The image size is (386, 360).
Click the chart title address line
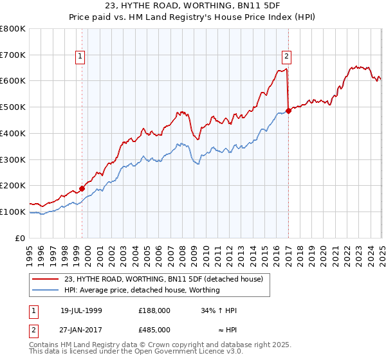[x=193, y=7]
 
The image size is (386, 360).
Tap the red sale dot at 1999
[x=82, y=188]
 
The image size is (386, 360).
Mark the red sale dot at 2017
[x=289, y=111]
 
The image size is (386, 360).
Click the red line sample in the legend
[x=46, y=280]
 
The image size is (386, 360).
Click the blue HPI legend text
[x=142, y=290]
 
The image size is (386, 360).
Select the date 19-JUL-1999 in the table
[x=81, y=310]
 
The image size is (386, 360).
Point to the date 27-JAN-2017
[x=81, y=329]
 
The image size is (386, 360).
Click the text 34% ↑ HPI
[x=219, y=310]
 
